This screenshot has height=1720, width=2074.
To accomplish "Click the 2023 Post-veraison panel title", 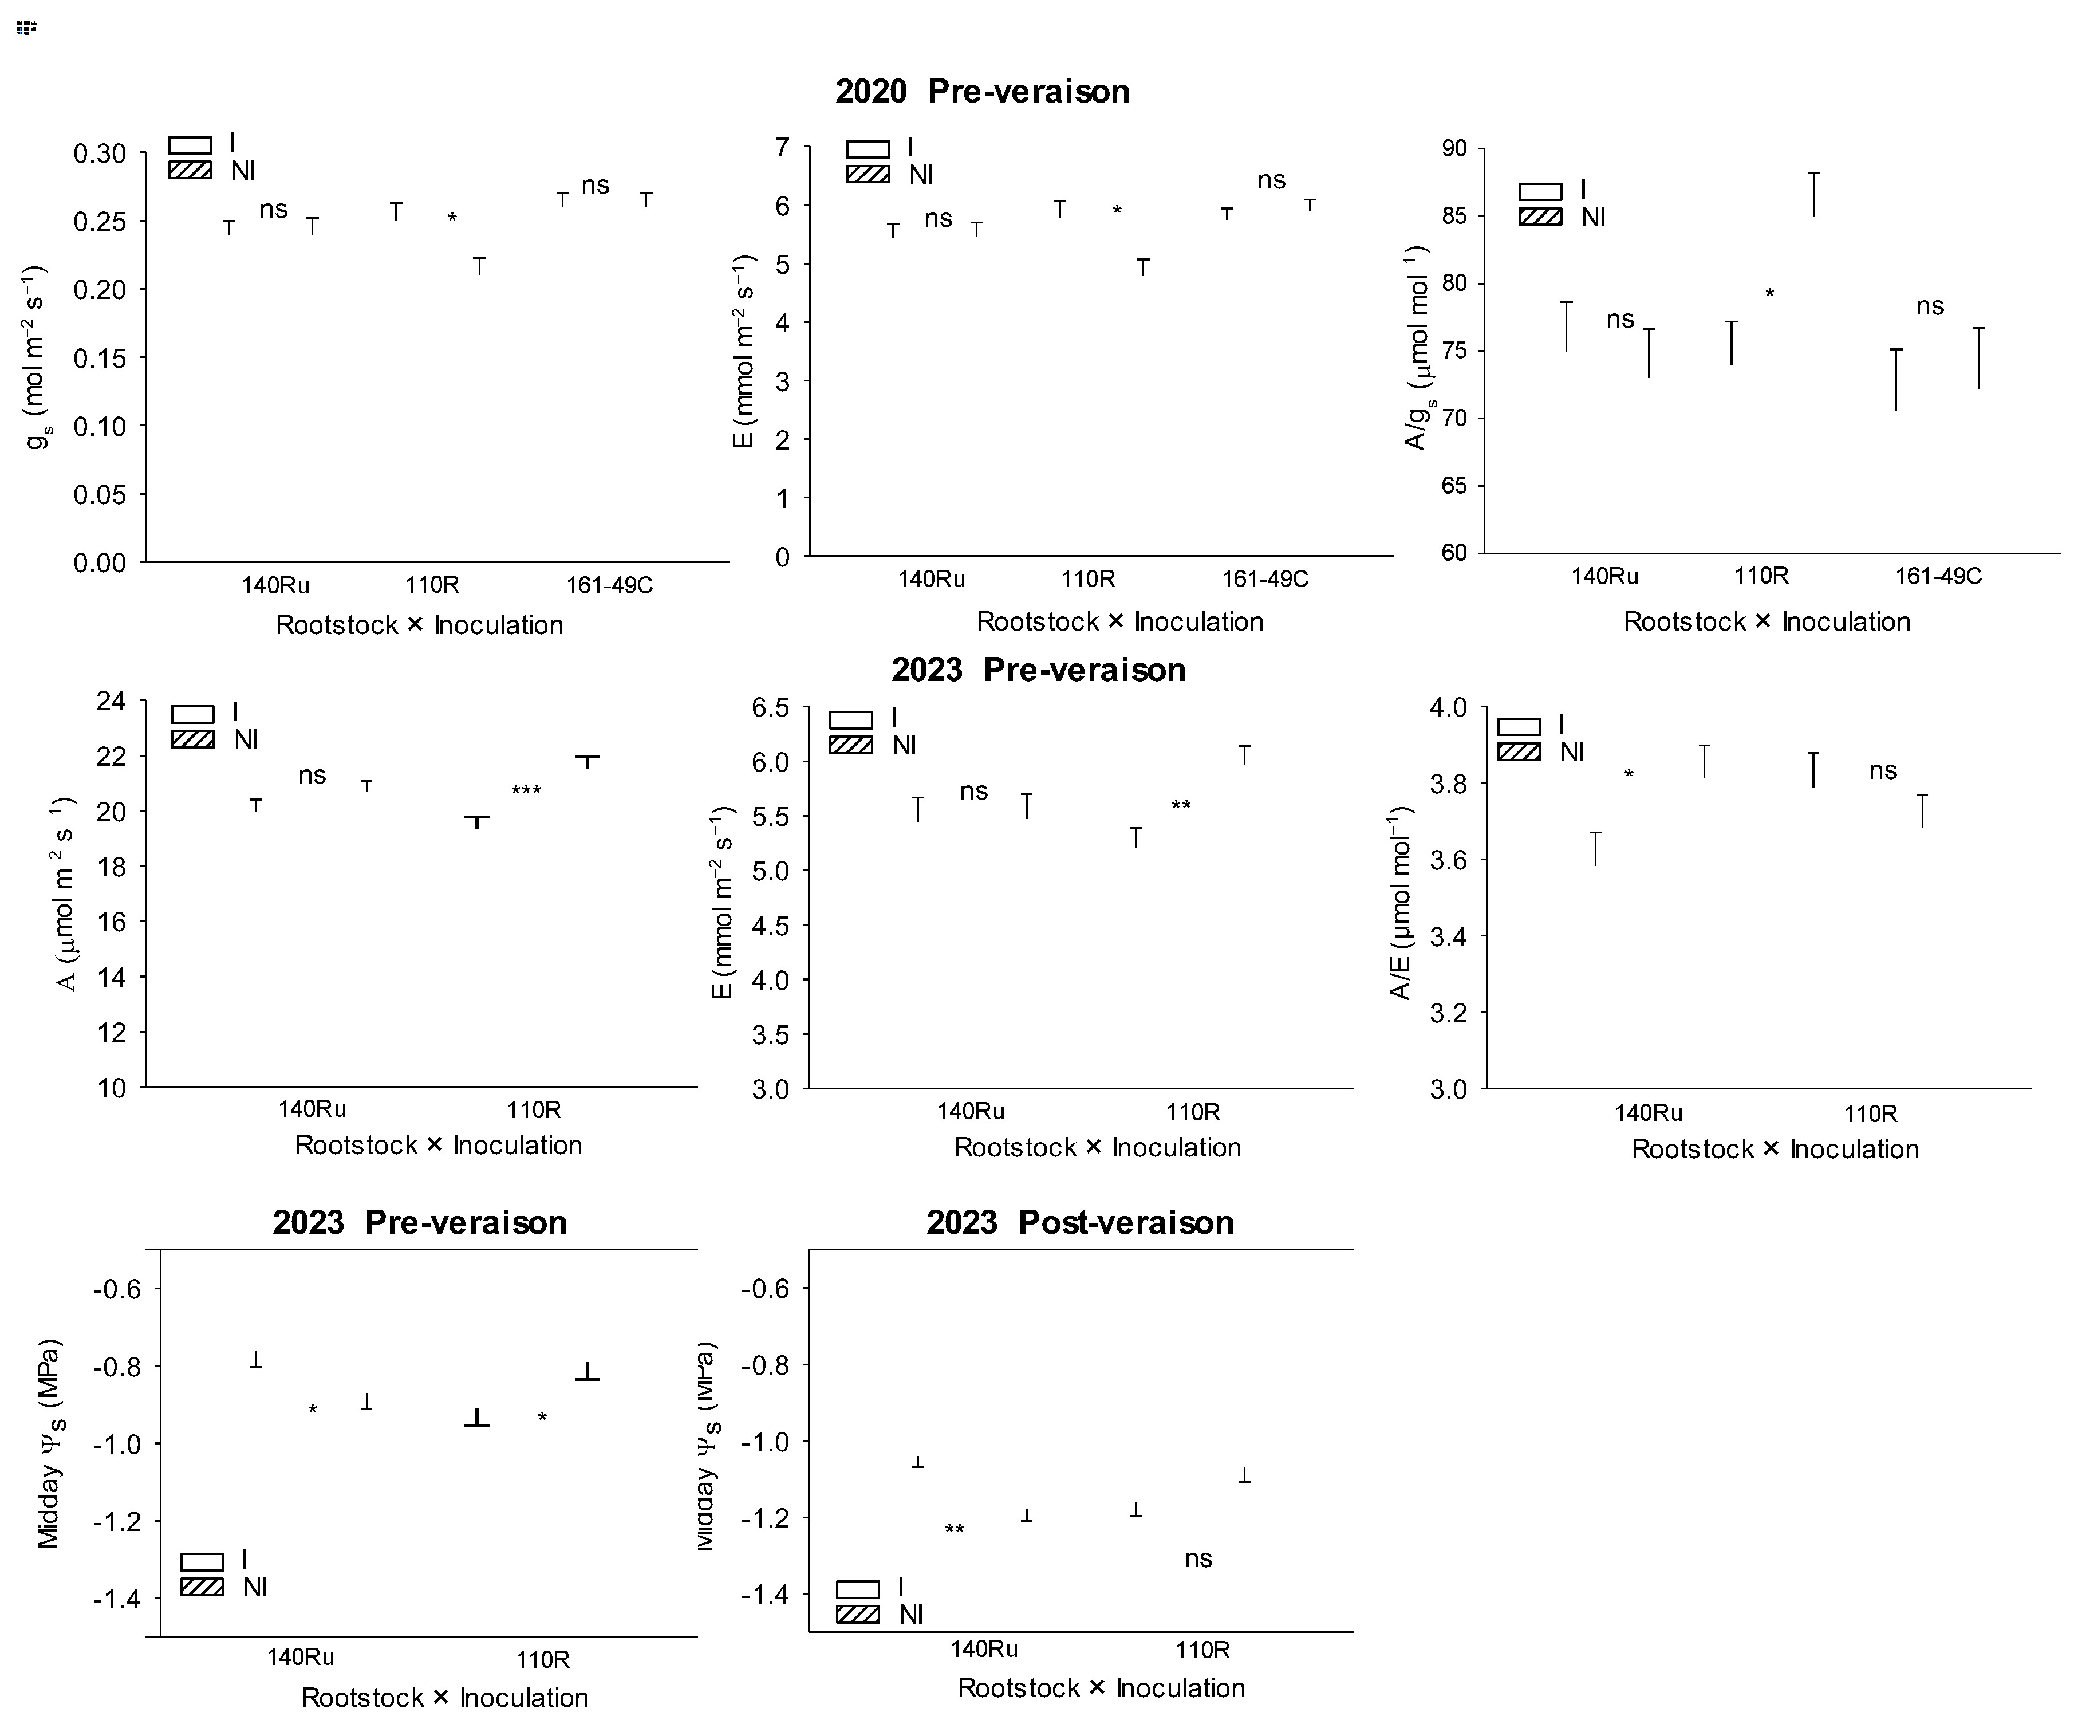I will (x=1079, y=1222).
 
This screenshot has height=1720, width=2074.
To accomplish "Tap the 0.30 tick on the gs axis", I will (x=100, y=154).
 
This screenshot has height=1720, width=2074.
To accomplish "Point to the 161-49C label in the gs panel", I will (x=609, y=585).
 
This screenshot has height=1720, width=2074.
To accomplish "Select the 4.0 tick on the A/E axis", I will (x=1448, y=707).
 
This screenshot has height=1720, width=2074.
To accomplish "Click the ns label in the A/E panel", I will (x=1882, y=770).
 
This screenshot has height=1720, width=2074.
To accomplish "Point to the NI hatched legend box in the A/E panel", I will (x=1518, y=752).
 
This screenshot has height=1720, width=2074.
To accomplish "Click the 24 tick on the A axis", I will (x=111, y=702).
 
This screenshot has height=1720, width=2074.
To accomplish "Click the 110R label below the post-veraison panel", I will (x=1202, y=1649).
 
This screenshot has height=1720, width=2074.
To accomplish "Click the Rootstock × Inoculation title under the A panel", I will (x=439, y=1145).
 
